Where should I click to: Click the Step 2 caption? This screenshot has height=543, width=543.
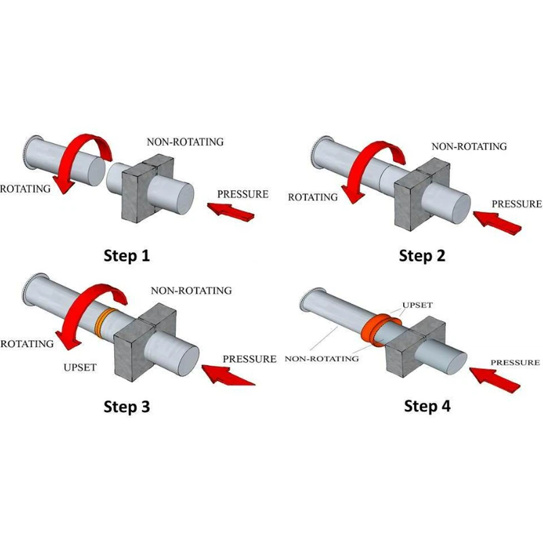[x=422, y=256]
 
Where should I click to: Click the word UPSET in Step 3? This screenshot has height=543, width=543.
[x=81, y=368]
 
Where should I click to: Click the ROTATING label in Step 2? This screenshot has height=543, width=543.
[x=313, y=198]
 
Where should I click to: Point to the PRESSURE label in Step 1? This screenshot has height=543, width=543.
[x=242, y=194]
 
